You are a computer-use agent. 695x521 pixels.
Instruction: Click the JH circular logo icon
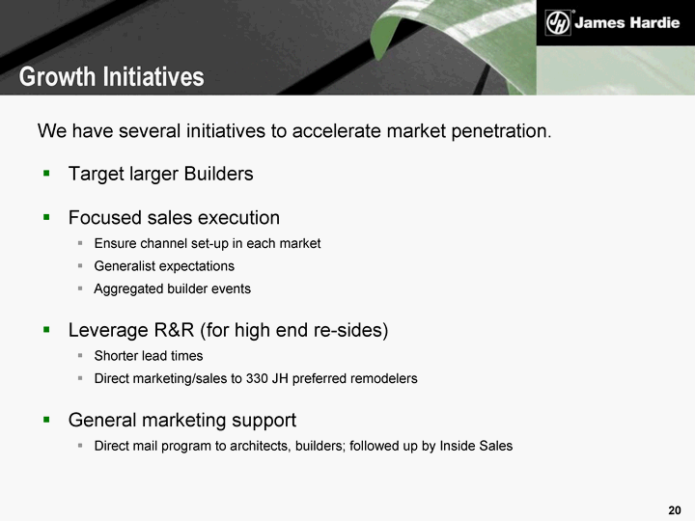tap(558, 22)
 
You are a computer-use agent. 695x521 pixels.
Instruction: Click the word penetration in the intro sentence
tap(501, 131)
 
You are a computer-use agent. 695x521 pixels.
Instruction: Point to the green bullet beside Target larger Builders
tap(46, 174)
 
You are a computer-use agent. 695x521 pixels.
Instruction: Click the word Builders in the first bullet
tap(218, 174)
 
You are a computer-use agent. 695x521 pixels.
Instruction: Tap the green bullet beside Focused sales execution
tap(46, 217)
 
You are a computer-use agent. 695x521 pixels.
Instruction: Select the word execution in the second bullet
tap(238, 218)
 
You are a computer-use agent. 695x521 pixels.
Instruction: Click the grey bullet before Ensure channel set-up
tap(80, 243)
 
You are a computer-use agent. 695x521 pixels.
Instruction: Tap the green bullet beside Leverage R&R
tap(46, 330)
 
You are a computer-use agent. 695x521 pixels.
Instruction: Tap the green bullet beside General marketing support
tap(46, 420)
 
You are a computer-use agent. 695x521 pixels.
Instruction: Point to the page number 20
tap(675, 510)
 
